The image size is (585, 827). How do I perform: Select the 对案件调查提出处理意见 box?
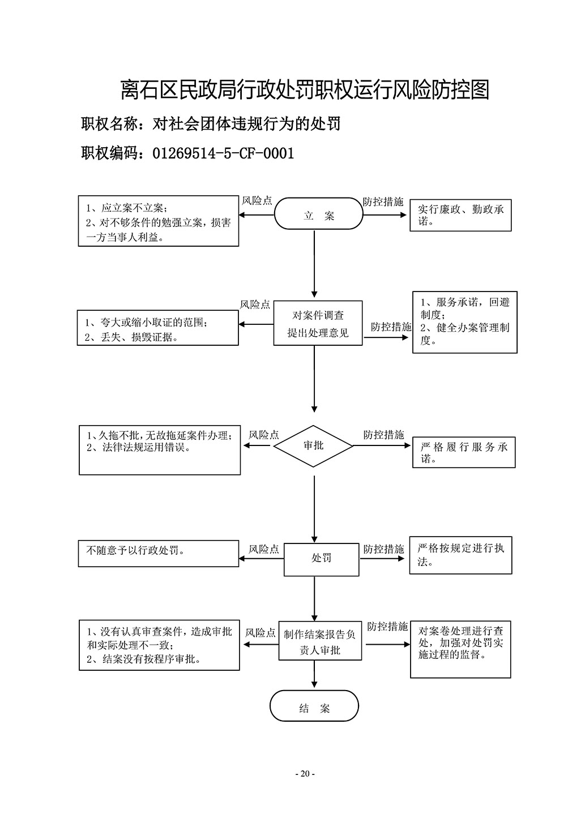click(318, 323)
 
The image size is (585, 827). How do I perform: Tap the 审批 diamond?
click(313, 446)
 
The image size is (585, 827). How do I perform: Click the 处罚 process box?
click(321, 559)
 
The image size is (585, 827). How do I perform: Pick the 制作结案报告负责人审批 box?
click(319, 642)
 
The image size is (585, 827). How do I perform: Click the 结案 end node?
click(314, 708)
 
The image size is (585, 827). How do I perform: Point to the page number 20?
click(305, 774)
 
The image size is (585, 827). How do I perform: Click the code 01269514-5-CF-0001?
click(223, 153)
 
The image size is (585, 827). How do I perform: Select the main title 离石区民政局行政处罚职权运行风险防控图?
click(305, 89)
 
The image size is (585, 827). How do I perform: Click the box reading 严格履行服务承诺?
click(464, 452)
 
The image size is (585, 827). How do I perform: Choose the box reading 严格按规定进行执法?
click(460, 555)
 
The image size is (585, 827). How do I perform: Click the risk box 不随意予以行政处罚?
click(159, 553)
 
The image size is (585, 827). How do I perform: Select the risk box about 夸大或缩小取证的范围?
click(158, 329)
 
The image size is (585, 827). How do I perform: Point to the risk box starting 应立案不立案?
click(158, 221)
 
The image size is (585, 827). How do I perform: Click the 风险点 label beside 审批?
click(264, 435)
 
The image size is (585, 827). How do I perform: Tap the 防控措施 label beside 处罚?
click(383, 549)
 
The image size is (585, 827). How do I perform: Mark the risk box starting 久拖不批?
click(159, 451)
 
